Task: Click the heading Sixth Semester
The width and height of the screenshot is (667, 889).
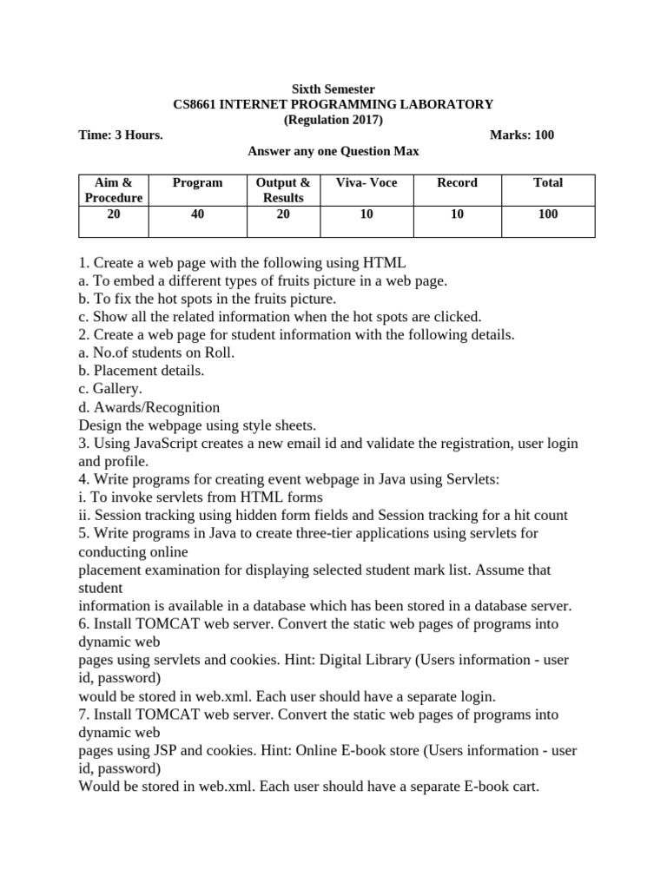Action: pyautogui.click(x=333, y=89)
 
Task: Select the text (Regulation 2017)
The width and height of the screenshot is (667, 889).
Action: pyautogui.click(x=333, y=120)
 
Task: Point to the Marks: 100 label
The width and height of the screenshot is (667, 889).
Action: pyautogui.click(x=522, y=135)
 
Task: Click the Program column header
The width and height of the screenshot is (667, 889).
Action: pyautogui.click(x=197, y=182)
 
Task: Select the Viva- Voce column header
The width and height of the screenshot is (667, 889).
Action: pyautogui.click(x=367, y=182)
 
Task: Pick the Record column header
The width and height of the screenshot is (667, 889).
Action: pyautogui.click(x=457, y=182)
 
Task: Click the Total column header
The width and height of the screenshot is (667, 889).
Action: pyautogui.click(x=548, y=182)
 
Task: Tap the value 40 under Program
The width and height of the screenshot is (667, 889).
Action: pyautogui.click(x=197, y=214)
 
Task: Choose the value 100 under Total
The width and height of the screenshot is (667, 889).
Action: pyautogui.click(x=548, y=214)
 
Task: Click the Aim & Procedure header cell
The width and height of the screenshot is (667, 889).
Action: pyautogui.click(x=113, y=190)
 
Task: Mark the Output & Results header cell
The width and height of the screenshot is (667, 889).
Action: pyautogui.click(x=283, y=190)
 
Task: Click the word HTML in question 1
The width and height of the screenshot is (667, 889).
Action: pyautogui.click(x=385, y=262)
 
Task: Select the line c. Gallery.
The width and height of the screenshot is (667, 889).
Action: pyautogui.click(x=110, y=389)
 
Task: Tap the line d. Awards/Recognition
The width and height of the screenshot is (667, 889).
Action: pyautogui.click(x=149, y=407)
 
